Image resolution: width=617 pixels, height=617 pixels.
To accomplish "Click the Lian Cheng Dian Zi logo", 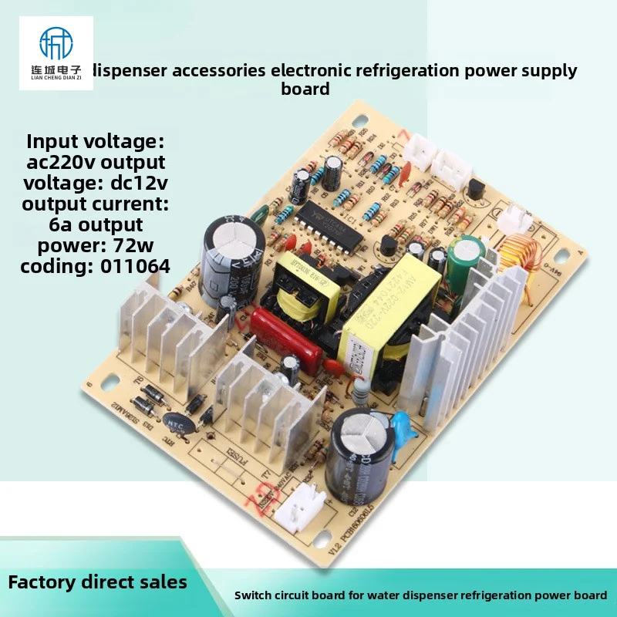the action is (x=55, y=52).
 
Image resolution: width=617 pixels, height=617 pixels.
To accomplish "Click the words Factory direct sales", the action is (x=97, y=582).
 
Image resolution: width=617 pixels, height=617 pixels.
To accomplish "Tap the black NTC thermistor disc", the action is (x=174, y=421).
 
